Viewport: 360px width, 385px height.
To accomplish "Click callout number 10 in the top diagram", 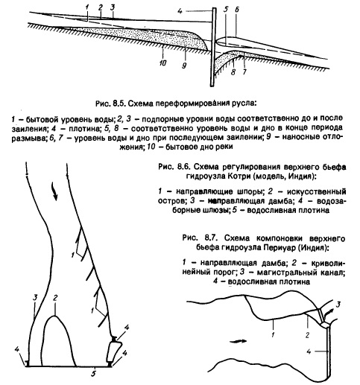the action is point(162,63).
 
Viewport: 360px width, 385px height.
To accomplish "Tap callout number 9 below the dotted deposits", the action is point(184,66).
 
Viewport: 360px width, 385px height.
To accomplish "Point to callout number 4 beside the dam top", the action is point(180,11).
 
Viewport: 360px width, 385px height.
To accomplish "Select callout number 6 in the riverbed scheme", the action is point(236,10).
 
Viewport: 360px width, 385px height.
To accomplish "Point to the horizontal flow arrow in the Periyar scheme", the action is point(239,341).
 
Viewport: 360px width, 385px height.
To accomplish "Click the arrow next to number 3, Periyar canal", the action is point(331,311).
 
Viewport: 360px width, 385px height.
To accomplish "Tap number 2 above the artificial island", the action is point(55,297).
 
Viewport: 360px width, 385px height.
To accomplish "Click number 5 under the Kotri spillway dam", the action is point(93,373).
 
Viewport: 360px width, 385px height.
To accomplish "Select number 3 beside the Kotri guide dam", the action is point(35,297).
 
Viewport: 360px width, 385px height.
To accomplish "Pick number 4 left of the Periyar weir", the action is point(309,351).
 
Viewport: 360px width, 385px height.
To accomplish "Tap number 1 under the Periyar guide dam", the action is point(273,334).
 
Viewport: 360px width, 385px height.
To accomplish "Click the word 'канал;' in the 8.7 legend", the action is point(332,273).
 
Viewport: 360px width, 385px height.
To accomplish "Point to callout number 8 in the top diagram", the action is point(233,72).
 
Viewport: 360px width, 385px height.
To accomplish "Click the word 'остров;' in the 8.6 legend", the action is point(172,200).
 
